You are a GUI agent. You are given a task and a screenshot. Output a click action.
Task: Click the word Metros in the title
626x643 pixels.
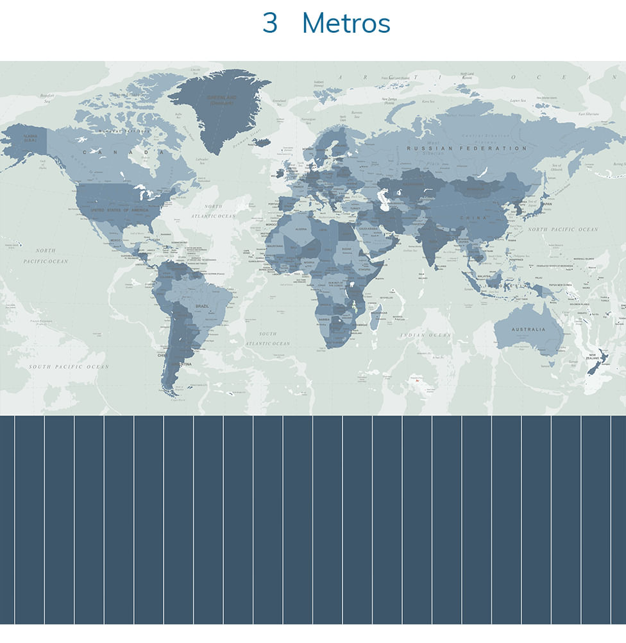[346, 24]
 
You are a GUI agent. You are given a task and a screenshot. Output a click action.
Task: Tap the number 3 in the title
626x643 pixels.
[270, 24]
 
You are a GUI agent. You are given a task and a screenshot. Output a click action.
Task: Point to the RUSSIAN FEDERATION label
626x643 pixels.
[466, 148]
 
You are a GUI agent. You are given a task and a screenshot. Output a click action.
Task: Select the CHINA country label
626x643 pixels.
[473, 218]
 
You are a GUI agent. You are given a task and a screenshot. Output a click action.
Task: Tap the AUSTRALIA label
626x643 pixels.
[528, 329]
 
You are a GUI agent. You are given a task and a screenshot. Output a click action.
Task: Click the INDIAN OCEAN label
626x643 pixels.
[426, 335]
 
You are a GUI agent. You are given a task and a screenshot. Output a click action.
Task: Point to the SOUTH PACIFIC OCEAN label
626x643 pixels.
[69, 366]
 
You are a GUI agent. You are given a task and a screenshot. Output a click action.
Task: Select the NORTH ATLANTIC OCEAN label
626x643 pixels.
[214, 211]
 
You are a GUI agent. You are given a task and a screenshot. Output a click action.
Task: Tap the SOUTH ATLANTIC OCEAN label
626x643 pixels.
[267, 338]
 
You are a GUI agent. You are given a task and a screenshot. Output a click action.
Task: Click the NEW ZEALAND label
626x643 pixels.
[594, 356]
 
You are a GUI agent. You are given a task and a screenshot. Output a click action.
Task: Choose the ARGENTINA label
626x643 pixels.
[181, 364]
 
